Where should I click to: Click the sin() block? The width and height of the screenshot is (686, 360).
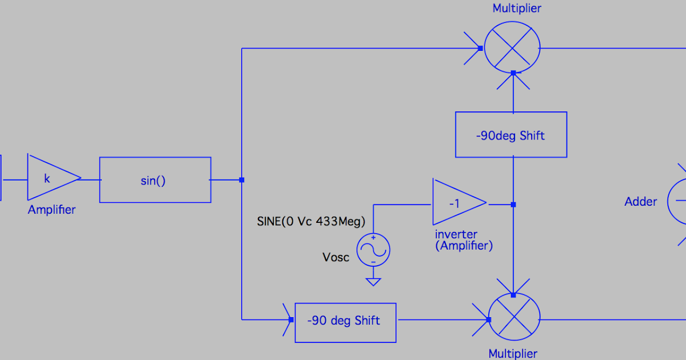click(x=155, y=180)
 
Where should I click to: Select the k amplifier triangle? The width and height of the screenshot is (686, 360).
click(x=50, y=178)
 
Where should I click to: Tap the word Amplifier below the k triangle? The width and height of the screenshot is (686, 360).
click(x=51, y=210)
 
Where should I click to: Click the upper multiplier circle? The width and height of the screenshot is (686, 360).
click(x=512, y=49)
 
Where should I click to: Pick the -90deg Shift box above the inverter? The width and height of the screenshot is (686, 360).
click(x=511, y=135)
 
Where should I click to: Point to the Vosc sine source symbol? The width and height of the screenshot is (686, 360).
click(x=373, y=250)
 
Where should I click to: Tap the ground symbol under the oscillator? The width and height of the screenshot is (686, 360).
click(x=373, y=281)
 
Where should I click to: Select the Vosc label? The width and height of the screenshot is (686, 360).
click(x=336, y=257)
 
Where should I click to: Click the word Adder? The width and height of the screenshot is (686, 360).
click(x=641, y=201)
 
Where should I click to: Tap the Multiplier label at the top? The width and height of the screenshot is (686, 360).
click(x=517, y=9)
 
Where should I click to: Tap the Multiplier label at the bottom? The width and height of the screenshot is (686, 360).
click(x=513, y=354)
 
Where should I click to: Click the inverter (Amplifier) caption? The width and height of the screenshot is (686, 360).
click(x=464, y=240)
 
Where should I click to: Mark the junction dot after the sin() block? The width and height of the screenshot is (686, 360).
click(x=242, y=180)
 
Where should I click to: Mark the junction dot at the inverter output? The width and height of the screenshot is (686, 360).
click(x=513, y=204)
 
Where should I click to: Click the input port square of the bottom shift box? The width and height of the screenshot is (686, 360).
click(x=292, y=320)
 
